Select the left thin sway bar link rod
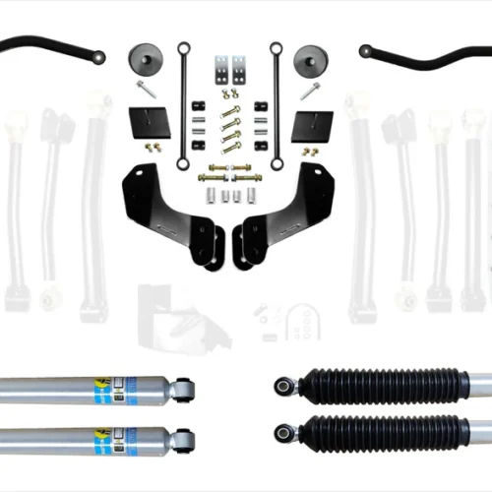(x=181, y=103)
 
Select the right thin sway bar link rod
(x=277, y=103)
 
